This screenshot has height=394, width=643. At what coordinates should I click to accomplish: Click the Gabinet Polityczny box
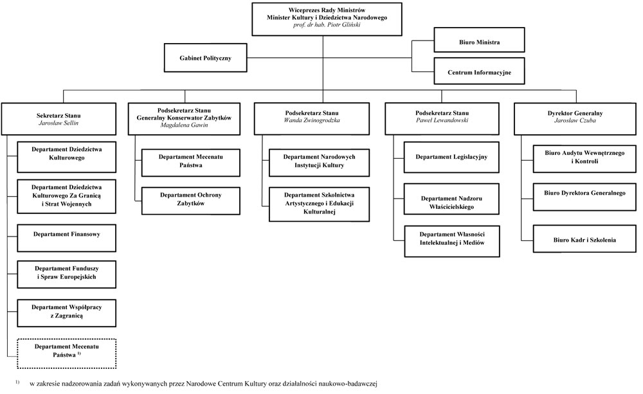click(206, 58)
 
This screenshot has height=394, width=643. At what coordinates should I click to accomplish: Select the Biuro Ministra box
click(479, 40)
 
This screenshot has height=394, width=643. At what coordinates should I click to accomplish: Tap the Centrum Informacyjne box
click(479, 71)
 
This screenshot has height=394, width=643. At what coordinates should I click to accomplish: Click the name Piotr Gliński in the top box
click(343, 24)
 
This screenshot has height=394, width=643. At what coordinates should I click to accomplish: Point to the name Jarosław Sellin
click(59, 123)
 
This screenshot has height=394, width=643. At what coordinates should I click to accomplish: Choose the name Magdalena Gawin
click(184, 125)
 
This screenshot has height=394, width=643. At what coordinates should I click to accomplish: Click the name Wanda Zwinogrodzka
click(312, 120)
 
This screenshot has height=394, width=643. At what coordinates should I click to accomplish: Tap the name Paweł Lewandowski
click(442, 120)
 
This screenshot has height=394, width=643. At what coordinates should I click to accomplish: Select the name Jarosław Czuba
click(575, 120)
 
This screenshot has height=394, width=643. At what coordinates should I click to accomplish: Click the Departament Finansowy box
click(66, 238)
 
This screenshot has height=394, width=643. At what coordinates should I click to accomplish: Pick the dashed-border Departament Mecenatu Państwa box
click(66, 354)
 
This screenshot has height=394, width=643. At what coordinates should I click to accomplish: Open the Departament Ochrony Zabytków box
click(191, 201)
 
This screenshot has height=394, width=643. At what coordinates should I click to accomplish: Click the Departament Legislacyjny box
click(451, 157)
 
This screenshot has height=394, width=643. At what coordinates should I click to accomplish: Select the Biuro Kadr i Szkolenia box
click(584, 238)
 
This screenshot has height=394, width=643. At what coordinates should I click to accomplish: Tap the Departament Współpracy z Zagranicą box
click(66, 313)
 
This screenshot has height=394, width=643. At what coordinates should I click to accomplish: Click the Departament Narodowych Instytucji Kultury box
click(319, 163)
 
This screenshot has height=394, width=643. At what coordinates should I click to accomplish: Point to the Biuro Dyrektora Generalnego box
click(584, 197)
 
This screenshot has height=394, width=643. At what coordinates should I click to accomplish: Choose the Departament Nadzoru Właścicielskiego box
click(451, 199)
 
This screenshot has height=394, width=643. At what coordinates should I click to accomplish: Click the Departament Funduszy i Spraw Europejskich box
click(66, 274)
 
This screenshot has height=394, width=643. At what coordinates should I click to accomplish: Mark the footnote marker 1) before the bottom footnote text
click(17, 382)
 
